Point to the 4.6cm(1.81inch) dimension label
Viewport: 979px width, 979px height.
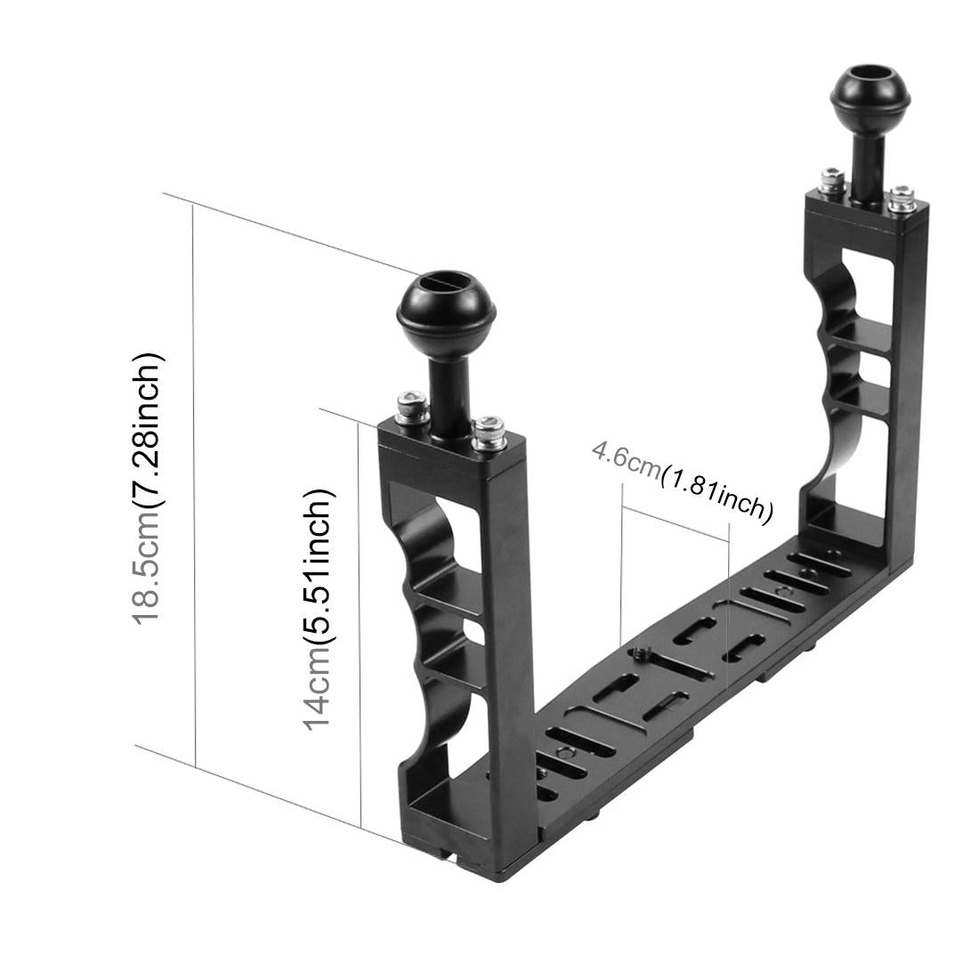tap(681, 480)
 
